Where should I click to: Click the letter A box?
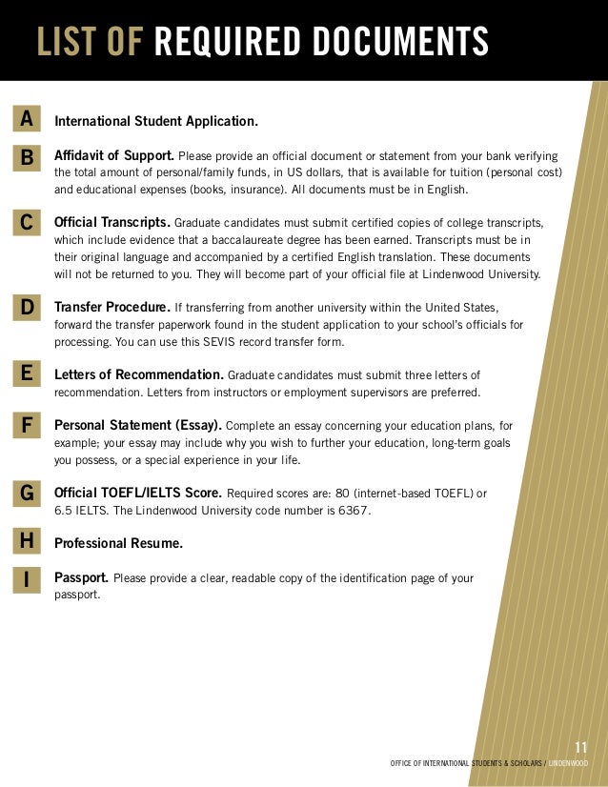pos(27,119)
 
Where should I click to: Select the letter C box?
pos(27,223)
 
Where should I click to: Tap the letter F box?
pos(27,426)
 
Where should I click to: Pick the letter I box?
pos(27,578)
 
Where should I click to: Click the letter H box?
pos(27,542)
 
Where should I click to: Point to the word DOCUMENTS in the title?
pos(398,42)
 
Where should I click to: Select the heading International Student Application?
pos(156,122)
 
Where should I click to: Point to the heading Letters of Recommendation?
pos(139,374)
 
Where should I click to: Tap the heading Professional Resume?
pos(119,543)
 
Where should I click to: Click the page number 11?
pos(581,746)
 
